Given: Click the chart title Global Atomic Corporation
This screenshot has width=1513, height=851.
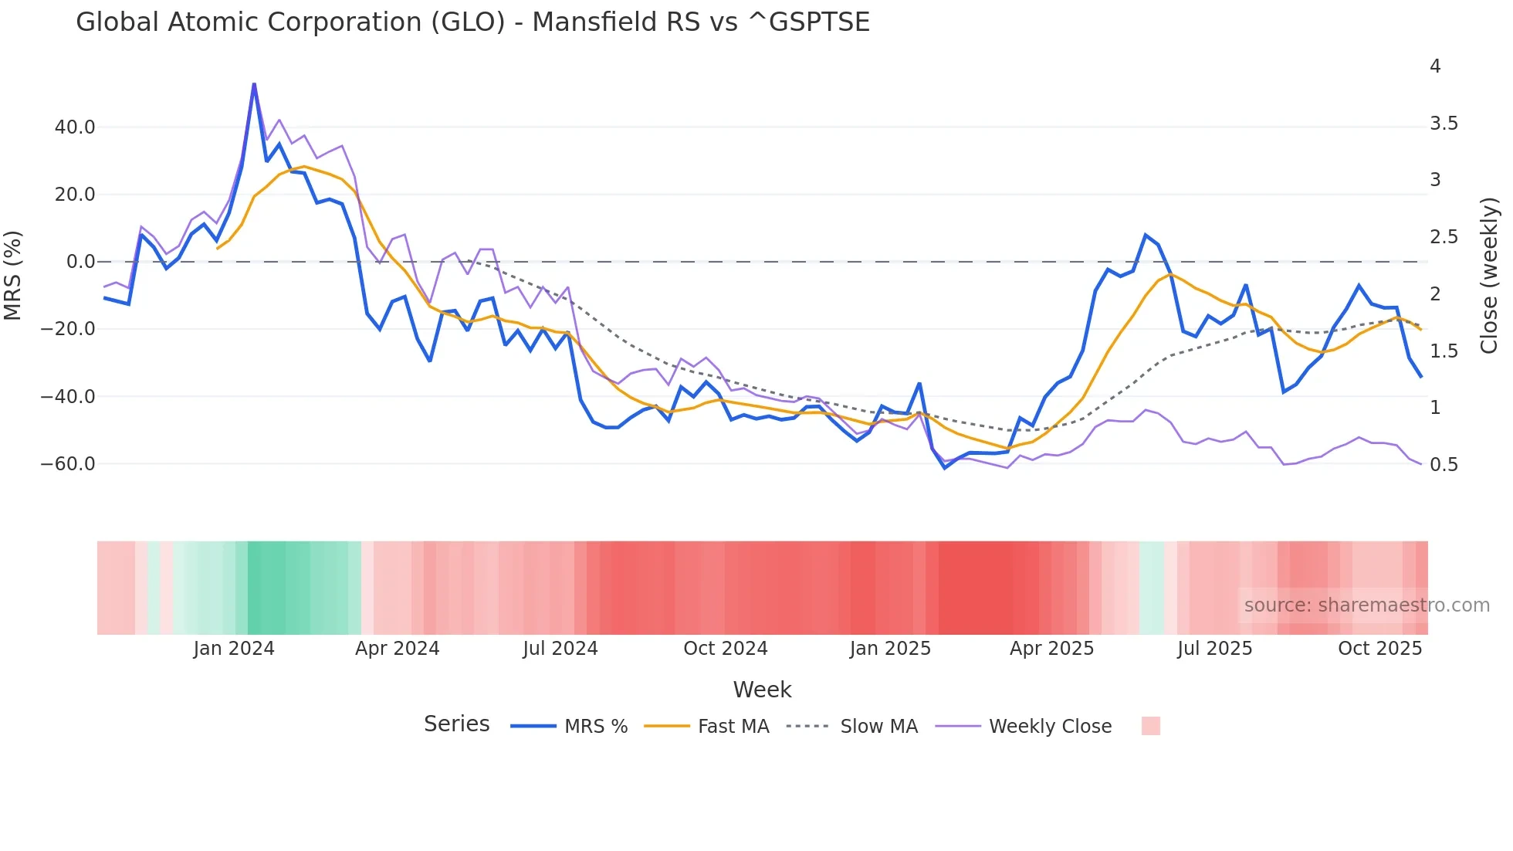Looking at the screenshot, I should [472, 22].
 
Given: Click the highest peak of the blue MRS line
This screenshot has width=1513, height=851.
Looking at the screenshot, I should [254, 84].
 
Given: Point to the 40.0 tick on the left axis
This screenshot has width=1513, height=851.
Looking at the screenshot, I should [75, 127].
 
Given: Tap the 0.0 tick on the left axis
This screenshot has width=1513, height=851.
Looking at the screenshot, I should [81, 262].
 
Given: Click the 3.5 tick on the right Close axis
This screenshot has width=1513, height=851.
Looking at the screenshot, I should [1444, 124].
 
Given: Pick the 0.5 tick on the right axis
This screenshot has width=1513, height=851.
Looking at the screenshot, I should [1444, 465].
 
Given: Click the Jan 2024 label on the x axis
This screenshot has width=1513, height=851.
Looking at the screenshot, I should [234, 649].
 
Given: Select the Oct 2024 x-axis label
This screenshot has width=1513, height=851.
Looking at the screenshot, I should [726, 649].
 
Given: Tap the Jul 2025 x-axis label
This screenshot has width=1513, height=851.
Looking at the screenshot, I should [1215, 649].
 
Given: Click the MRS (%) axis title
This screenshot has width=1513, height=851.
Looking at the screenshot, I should [13, 276].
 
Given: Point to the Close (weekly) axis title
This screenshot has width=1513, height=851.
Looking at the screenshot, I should [1489, 276].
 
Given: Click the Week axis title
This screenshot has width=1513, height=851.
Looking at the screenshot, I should [762, 690].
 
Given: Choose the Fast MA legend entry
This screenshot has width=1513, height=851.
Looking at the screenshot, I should [733, 727].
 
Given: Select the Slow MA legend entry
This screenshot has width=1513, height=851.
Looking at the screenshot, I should [878, 727].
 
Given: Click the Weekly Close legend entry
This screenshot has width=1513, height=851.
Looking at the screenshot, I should [1050, 727].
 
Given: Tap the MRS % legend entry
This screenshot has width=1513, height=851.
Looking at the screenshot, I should [595, 727].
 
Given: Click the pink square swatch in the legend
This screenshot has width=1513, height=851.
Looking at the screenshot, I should [1151, 726].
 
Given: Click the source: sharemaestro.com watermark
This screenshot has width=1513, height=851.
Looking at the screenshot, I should [1366, 605].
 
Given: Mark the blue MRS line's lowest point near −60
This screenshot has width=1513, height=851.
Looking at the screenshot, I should [945, 468].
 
